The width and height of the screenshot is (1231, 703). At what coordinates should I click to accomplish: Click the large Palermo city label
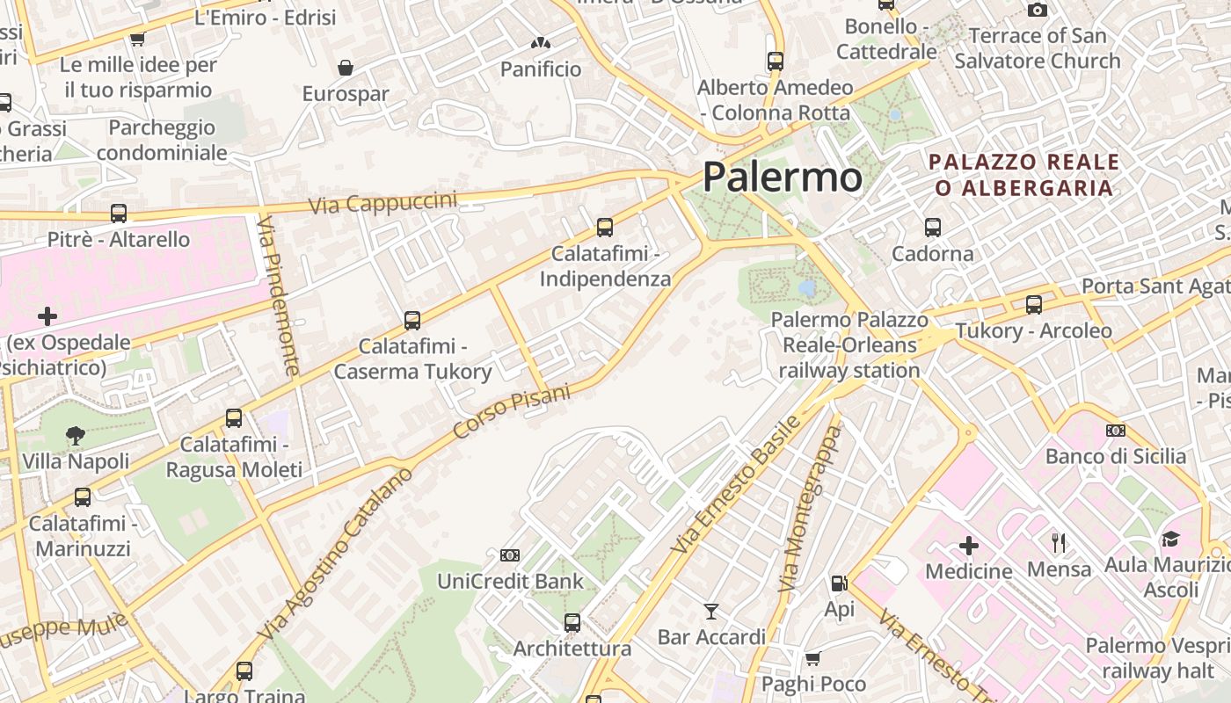click(782, 178)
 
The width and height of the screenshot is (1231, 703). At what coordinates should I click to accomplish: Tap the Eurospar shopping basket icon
click(346, 68)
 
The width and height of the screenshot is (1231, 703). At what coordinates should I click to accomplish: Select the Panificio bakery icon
click(541, 42)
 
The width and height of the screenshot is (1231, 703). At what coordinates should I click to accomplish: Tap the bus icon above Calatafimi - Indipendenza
click(605, 228)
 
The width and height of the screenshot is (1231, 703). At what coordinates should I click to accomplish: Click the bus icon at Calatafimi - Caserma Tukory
click(412, 321)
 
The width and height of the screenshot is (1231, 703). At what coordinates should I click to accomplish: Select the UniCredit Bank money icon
click(509, 554)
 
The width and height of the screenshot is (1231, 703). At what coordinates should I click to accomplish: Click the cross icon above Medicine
click(968, 546)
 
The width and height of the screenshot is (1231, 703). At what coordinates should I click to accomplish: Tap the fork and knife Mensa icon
click(1059, 542)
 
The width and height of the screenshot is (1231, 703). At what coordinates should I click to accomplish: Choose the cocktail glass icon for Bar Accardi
click(711, 611)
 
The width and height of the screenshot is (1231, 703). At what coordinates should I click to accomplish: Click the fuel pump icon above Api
click(839, 583)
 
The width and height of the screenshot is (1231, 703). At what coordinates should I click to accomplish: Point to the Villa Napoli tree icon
click(76, 434)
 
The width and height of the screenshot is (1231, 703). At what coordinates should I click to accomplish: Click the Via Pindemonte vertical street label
click(280, 299)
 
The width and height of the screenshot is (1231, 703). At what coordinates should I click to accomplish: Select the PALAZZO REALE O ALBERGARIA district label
click(1024, 175)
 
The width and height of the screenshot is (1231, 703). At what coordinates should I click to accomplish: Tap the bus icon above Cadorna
click(933, 228)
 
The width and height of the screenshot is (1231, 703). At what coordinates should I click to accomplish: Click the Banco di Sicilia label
click(1115, 456)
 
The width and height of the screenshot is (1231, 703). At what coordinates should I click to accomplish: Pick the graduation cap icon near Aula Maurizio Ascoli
click(1169, 539)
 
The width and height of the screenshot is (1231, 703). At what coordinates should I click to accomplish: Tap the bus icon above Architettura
click(572, 623)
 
